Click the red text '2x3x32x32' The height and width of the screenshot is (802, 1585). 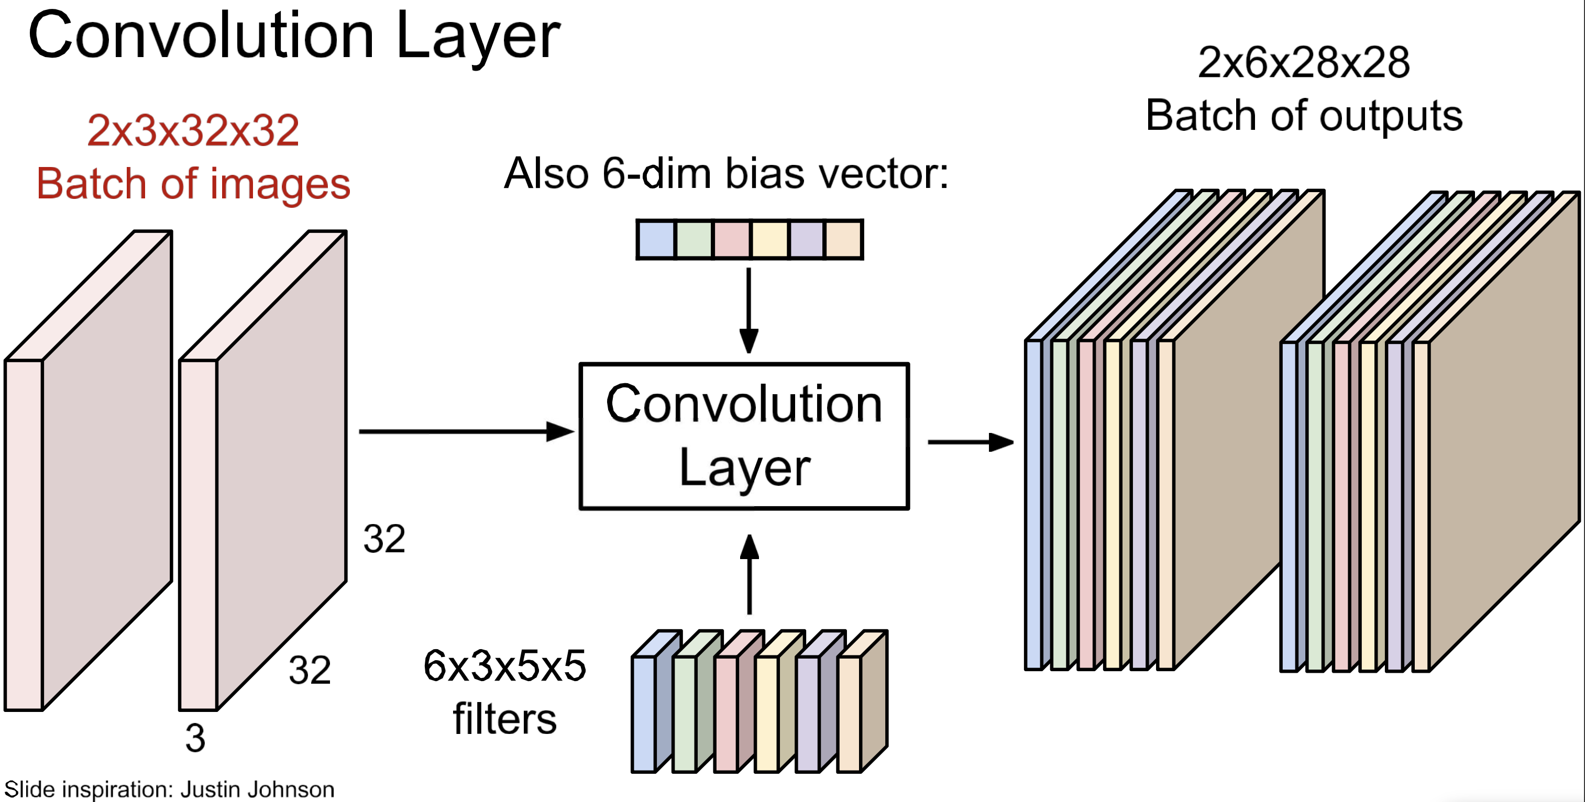[193, 130]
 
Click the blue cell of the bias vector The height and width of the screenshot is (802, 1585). [656, 239]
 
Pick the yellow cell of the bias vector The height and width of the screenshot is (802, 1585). [769, 239]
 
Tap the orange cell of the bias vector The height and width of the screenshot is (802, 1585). [843, 239]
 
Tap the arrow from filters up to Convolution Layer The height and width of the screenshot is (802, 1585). [749, 575]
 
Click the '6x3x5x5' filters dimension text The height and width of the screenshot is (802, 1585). [504, 665]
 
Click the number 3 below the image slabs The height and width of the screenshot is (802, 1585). [195, 738]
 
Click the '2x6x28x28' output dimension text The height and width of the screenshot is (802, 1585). [1304, 62]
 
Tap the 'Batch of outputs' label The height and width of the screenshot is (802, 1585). [1304, 116]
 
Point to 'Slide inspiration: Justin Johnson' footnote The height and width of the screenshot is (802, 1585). [169, 789]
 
